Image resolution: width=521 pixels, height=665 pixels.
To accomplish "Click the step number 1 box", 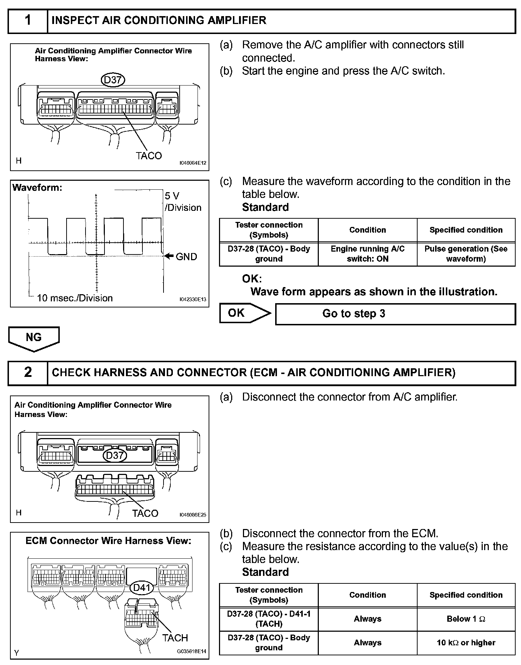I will coord(28,21).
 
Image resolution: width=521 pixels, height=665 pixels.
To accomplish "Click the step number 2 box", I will coord(28,373).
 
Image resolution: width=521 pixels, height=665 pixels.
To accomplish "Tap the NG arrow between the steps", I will coord(34,338).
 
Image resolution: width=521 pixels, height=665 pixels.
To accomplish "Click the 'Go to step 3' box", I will coord(395,314).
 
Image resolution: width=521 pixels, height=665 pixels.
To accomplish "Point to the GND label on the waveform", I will coord(186,257).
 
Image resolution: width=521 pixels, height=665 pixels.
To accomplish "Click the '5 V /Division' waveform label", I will coord(182,202).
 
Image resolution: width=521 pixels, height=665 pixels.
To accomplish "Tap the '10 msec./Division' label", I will coord(74,298).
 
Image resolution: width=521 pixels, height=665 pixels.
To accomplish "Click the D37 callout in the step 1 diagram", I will coord(113,80).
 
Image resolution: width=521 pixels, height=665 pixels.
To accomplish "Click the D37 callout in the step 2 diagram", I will coord(115,455).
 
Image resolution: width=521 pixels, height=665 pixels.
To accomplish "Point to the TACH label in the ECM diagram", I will coord(175,638).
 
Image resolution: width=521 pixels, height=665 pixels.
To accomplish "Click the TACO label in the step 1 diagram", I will coord(148,156).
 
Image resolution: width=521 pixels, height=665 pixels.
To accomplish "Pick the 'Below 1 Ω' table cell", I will coord(466,619).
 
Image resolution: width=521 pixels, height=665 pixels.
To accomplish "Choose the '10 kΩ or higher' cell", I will coord(466,642).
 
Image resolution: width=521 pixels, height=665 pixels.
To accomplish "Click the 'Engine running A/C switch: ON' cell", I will coord(367,254).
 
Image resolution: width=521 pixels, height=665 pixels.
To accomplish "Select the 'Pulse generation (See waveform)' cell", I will coord(466,254).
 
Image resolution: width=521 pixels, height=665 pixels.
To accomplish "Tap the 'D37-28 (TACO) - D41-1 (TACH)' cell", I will coord(269,619).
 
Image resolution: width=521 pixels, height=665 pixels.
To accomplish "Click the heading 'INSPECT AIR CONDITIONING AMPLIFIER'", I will coord(159,20).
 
